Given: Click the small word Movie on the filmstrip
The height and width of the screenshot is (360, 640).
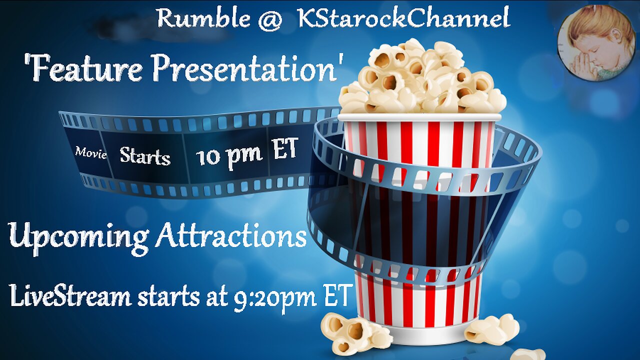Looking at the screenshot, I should pos(91,153).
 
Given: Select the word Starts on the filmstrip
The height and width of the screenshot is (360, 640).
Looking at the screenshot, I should pos(145,156).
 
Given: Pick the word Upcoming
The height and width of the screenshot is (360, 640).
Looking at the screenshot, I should pos(78,237).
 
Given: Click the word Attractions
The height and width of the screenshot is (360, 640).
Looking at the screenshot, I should pos(230,236).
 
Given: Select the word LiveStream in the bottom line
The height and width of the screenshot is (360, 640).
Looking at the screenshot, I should pos(70,296).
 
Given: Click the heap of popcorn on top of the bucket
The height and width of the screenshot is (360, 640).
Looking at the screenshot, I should pos(422,78).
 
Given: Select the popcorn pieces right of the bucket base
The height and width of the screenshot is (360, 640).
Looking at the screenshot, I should pos(492,329).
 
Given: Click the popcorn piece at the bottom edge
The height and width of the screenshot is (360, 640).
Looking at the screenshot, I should pos(528,354).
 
